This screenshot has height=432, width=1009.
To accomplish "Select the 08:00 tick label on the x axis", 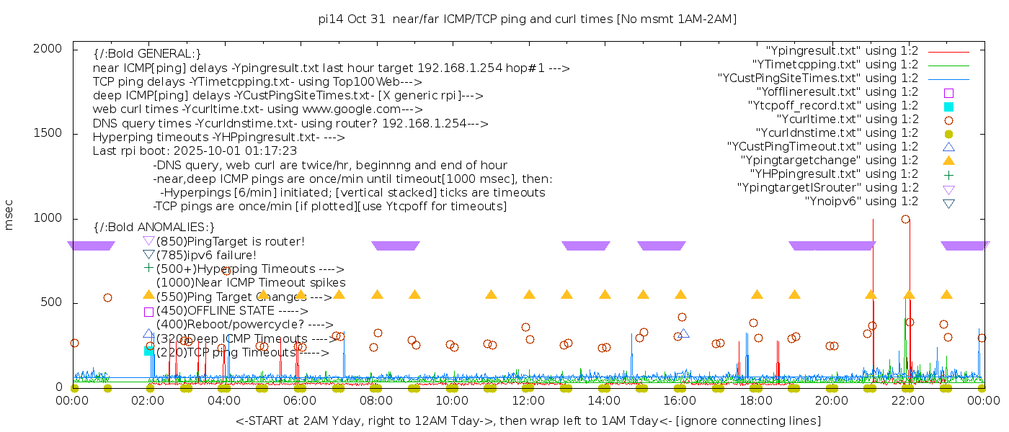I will pyautogui.click(x=376, y=400).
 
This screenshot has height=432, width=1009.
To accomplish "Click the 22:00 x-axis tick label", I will pyautogui.click(x=907, y=400).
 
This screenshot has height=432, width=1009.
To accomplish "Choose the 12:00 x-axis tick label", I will pyautogui.click(x=528, y=400).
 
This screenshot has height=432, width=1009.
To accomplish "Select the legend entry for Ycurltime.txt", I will pyautogui.click(x=847, y=120).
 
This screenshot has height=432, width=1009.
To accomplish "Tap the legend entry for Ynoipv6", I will pyautogui.click(x=861, y=202).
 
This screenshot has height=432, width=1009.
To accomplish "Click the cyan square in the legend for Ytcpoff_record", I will pyautogui.click(x=948, y=107).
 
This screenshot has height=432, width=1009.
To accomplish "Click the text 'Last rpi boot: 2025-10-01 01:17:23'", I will pyautogui.click(x=195, y=151).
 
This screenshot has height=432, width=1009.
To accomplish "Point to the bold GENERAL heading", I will pyautogui.click(x=147, y=54).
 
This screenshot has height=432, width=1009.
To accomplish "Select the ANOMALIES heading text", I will pyautogui.click(x=154, y=227).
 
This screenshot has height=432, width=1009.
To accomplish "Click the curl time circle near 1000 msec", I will pyautogui.click(x=905, y=220).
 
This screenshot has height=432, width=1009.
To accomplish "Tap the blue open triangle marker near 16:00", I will pyautogui.click(x=684, y=333).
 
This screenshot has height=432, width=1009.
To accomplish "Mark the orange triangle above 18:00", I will pyautogui.click(x=757, y=294).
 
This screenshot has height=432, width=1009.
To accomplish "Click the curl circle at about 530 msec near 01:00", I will pyautogui.click(x=107, y=297).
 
